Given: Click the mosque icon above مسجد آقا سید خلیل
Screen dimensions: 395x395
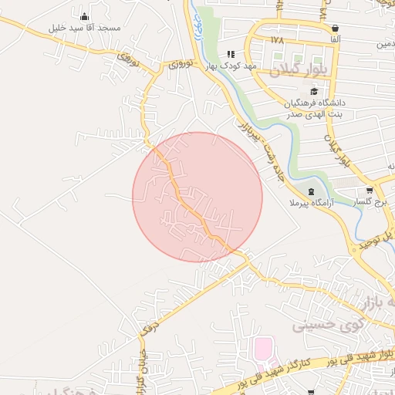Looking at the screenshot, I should coord(84,17).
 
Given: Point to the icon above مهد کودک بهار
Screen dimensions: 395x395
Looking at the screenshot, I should coord(230,54).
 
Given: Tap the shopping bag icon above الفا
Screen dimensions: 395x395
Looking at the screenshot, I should coord(334,29).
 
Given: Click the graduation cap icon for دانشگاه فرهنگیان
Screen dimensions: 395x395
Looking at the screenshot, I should coord(313,91).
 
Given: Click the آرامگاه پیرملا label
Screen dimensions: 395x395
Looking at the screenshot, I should coord(309,203).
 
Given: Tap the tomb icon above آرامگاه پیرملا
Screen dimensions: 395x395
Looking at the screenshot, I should coord(310,191).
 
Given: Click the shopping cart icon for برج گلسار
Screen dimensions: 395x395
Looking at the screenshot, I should coord(370,191).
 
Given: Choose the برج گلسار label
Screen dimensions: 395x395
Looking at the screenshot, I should coord(370,201).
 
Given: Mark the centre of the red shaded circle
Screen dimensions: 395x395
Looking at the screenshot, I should coord(197,197).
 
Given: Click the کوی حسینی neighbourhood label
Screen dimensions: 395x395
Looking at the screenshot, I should coord(322,326).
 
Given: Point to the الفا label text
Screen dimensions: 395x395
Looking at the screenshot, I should coord(334,39).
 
